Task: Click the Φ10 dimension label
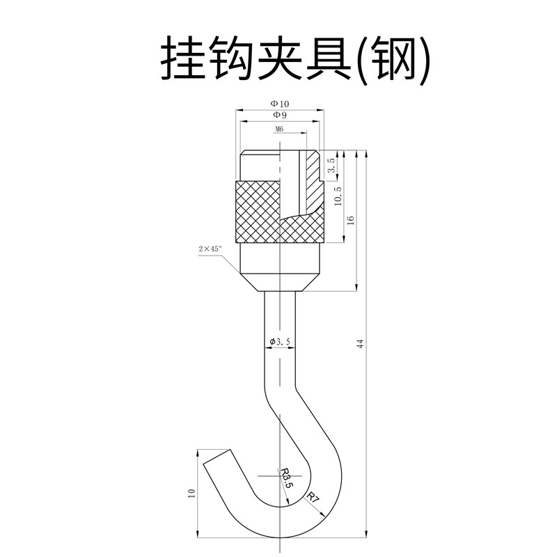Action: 281,104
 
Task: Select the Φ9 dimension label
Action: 280,114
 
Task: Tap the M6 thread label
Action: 280,130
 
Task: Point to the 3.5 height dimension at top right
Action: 332,166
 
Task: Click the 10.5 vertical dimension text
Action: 338,196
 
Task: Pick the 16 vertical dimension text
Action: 351,220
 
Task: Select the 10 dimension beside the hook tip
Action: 191,494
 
